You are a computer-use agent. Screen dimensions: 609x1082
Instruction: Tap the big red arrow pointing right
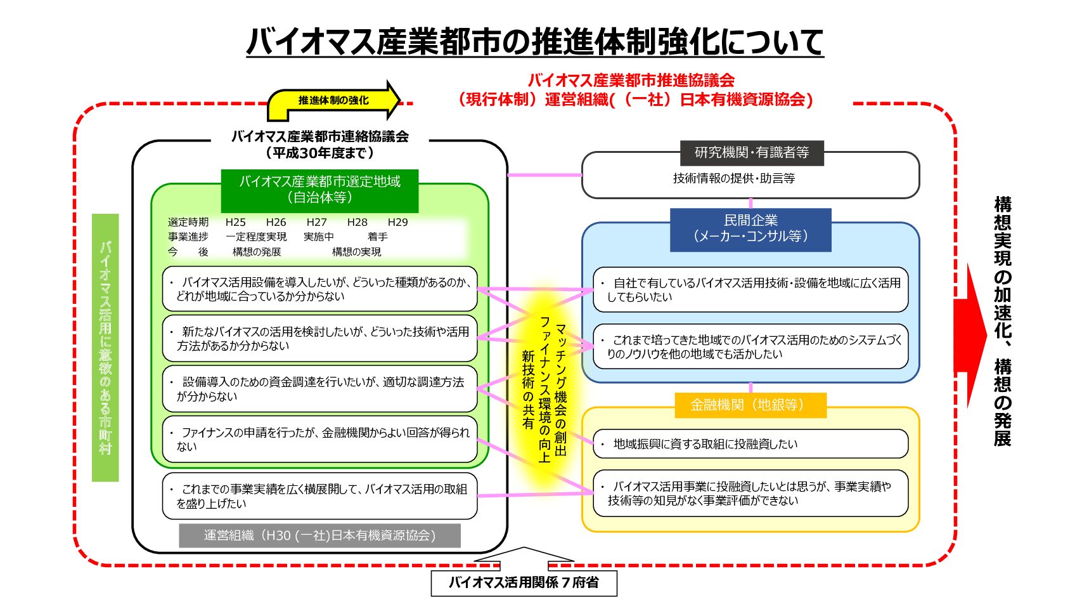tap(970, 336)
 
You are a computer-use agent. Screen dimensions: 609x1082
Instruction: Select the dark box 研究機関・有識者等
tap(751, 153)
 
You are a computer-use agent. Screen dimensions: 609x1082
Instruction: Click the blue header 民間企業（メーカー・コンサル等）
tap(750, 229)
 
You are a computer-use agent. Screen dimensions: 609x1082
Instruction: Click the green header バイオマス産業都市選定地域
tap(319, 190)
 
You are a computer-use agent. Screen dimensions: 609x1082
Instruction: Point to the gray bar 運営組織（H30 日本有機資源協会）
tap(319, 535)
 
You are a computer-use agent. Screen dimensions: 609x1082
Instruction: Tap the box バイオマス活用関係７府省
tap(524, 582)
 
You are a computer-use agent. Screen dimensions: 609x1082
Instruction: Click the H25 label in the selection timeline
tap(235, 222)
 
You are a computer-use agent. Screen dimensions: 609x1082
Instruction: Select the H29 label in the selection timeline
tap(397, 222)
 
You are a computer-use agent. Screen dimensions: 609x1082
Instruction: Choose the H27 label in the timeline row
tap(316, 222)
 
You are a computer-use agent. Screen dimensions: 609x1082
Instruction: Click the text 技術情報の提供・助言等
tap(733, 179)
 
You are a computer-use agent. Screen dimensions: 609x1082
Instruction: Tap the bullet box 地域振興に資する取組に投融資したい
tap(750, 444)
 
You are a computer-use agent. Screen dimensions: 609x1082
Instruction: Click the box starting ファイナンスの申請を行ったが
tap(319, 439)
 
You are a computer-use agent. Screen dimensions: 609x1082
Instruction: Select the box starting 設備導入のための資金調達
tap(319, 389)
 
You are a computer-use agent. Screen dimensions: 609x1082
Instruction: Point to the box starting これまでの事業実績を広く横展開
tap(319, 496)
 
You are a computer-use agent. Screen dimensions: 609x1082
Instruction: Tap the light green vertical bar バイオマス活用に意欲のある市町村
tap(105, 347)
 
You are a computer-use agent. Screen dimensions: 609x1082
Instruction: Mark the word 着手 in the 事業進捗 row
tap(377, 237)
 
